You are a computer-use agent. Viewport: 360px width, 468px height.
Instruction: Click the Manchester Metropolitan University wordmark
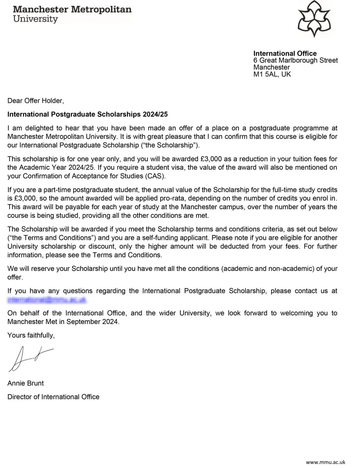[x=72, y=14]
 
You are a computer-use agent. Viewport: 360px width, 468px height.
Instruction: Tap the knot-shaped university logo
[x=314, y=19]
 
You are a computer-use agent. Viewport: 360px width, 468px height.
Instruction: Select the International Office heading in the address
[x=285, y=53]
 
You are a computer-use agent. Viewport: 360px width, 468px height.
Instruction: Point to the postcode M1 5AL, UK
[x=272, y=74]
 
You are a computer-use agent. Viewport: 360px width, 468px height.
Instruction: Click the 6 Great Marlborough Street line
[x=295, y=60]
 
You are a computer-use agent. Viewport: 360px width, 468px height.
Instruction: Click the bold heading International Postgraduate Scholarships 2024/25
[x=87, y=114]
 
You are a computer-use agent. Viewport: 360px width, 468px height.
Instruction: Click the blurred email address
[x=47, y=300]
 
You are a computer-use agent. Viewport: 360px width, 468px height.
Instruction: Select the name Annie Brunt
[x=26, y=383]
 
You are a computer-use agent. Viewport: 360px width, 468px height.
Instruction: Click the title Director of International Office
[x=53, y=397]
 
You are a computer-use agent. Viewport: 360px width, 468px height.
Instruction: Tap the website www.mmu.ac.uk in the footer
[x=325, y=462]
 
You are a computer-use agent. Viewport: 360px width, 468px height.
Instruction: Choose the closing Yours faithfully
[x=31, y=335]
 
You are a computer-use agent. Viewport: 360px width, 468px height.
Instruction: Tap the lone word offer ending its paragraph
[x=15, y=277]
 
